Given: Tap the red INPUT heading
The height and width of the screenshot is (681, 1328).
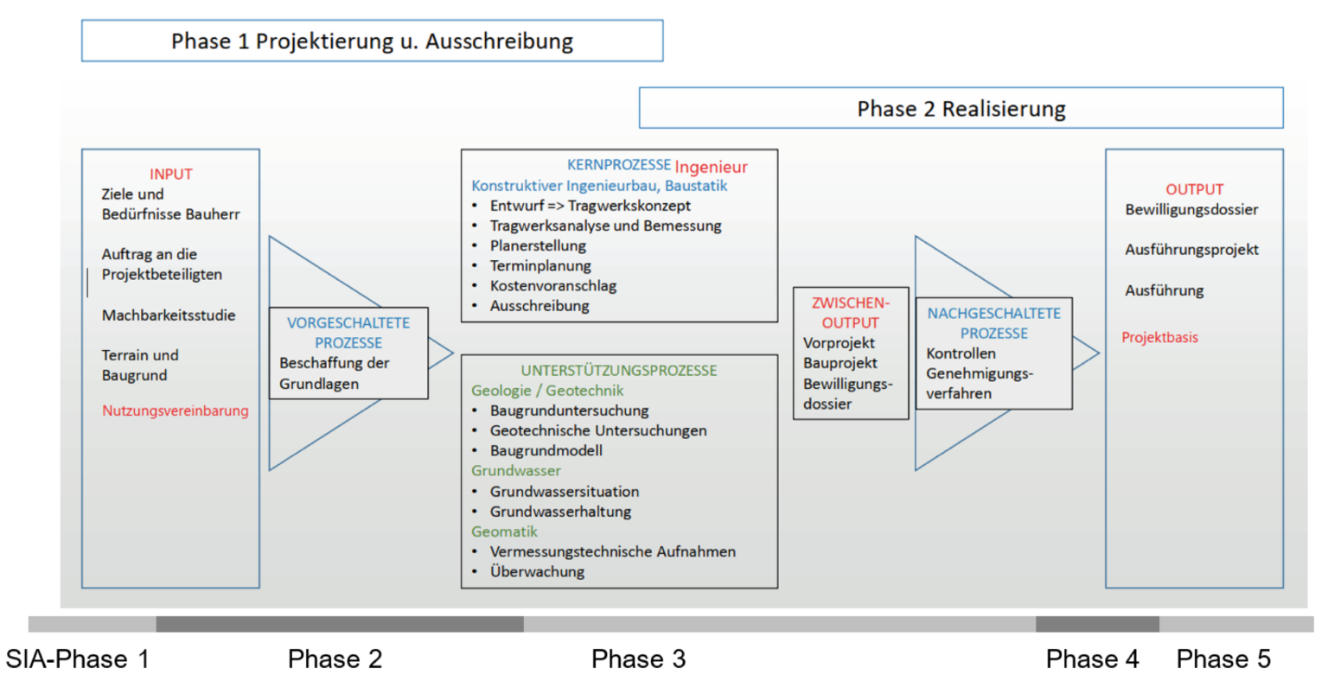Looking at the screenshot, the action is tap(170, 175).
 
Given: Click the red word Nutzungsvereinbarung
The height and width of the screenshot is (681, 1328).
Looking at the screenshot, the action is tap(176, 411).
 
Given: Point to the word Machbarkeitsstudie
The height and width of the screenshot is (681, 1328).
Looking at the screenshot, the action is tap(169, 315).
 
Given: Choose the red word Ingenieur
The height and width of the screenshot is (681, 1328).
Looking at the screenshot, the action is tap(712, 167).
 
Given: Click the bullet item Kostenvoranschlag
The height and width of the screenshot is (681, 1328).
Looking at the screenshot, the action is tap(553, 286).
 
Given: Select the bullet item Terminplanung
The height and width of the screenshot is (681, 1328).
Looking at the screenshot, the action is tap(540, 265).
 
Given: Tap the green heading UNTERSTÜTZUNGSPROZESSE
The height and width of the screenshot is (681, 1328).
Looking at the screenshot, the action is tap(619, 371).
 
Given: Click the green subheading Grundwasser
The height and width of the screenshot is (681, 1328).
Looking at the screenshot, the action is tap(516, 471).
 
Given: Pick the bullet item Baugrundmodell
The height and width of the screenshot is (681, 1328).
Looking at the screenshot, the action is tap(546, 450).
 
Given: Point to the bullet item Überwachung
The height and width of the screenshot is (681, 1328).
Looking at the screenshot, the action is tap(537, 571).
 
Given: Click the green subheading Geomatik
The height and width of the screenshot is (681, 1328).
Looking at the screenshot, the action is tap(504, 531).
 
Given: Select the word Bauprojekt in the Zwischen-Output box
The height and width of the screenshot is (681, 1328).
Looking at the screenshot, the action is tap(840, 363).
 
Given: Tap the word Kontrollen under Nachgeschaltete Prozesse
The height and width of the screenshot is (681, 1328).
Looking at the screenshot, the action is tap(961, 353).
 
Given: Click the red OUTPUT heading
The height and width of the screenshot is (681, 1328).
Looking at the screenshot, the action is tap(1195, 189).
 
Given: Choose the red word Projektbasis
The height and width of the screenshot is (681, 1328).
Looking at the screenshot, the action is tap(1159, 337).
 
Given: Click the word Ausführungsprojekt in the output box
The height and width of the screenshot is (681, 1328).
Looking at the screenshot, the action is tap(1191, 250).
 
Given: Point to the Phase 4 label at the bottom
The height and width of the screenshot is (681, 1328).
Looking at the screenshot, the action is tap(1092, 659).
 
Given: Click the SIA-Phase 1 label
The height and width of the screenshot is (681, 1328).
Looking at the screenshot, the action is tap(78, 659).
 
